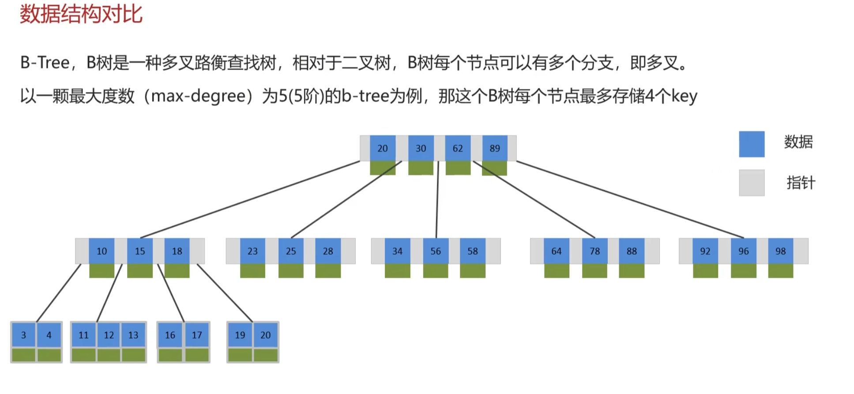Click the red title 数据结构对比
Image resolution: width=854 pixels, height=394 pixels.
pos(81,14)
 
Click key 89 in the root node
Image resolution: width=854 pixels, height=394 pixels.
pos(494,148)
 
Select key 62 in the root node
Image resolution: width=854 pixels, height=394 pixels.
pos(458,148)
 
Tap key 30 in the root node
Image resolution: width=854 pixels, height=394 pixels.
pos(421,148)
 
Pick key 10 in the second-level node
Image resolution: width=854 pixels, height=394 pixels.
pos(102,251)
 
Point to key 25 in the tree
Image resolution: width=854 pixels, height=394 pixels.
pos(291,251)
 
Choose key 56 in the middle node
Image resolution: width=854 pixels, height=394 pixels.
pos(436,251)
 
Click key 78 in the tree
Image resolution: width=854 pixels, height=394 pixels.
pos(594,251)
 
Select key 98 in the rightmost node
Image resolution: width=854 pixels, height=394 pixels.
pos(780,251)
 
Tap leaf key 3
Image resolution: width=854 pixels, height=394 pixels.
pos(23,335)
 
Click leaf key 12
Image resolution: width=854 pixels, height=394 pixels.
pos(109,335)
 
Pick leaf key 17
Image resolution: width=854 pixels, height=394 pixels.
pos(197,335)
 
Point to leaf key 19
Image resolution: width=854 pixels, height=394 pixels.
pos(240,335)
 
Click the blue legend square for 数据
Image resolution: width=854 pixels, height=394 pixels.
pos(752,144)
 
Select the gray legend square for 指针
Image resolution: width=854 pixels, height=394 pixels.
pos(752,182)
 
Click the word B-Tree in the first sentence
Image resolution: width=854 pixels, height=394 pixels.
pos(45,63)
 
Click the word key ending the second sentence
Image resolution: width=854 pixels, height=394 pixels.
pos(684,96)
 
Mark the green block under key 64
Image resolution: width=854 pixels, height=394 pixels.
pos(557,271)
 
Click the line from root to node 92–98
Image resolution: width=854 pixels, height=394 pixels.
pos(631,200)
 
